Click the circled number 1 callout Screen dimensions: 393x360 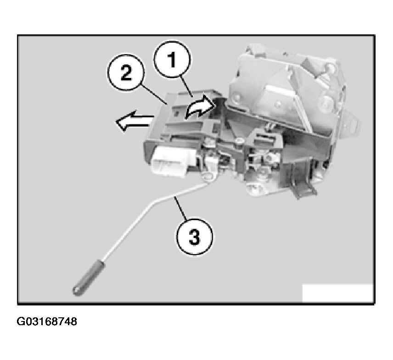tap(172, 60)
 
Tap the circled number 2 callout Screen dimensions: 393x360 tap(126, 72)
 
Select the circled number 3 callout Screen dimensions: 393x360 tap(195, 237)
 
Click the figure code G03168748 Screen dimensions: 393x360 tap(47, 321)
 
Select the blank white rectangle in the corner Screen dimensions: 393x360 tap(337, 293)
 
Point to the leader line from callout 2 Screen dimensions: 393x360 tap(153, 94)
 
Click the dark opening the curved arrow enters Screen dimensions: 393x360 tap(219, 105)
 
